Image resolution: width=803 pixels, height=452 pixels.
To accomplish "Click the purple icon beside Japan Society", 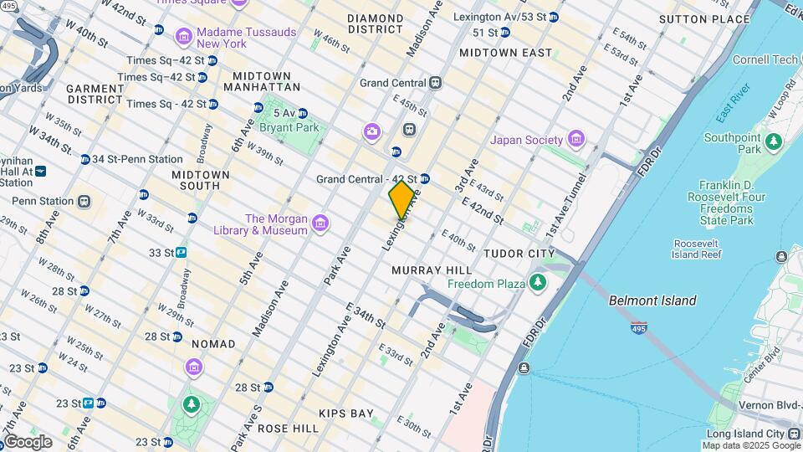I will (x=575, y=138).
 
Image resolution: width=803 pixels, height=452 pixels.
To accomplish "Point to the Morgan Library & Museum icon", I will (x=320, y=223).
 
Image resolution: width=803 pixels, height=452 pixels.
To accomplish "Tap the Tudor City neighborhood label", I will (x=519, y=254).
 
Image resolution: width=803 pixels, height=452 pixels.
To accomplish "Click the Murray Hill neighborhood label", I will (x=432, y=270).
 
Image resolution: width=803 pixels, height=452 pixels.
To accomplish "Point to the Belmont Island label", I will (x=652, y=300).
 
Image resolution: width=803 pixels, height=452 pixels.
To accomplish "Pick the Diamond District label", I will (x=376, y=23).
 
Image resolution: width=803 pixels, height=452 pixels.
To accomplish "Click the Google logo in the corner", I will (x=28, y=441).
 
